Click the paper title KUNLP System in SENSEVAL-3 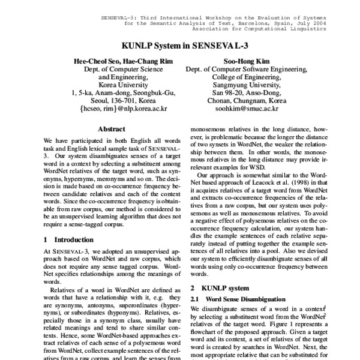(180, 44)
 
